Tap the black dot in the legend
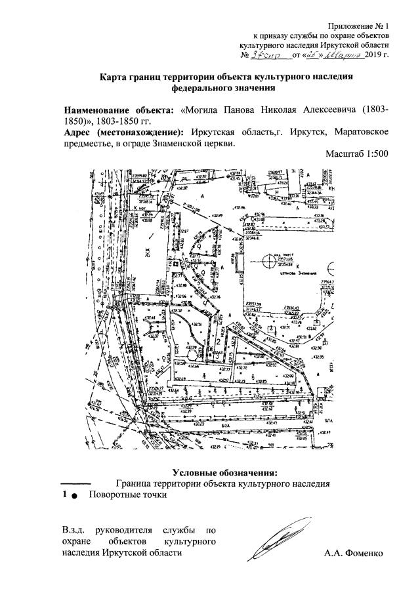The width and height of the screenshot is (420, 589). pyautogui.click(x=74, y=496)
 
